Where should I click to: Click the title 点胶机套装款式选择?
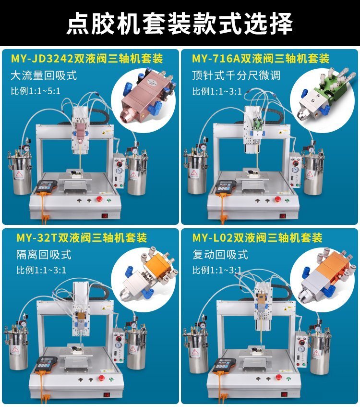[x=180, y=23]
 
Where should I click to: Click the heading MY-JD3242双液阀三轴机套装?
[x=87, y=59]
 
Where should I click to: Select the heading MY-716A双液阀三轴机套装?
[x=261, y=59]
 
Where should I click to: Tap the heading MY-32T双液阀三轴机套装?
[x=82, y=238]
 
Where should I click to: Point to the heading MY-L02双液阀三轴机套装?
[x=257, y=238]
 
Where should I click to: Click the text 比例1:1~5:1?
[x=36, y=91]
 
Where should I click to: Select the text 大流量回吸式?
[x=44, y=75]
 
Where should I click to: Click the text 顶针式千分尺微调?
[x=236, y=75]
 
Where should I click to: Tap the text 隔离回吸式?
[x=44, y=255]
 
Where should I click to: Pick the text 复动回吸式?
[x=220, y=255]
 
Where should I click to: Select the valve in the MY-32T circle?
[x=149, y=276]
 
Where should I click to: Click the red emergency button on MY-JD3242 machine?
[x=99, y=199]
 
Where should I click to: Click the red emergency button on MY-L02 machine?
[x=279, y=377]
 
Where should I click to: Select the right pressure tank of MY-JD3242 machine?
[x=137, y=172]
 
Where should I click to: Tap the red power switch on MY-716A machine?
[x=283, y=215]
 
